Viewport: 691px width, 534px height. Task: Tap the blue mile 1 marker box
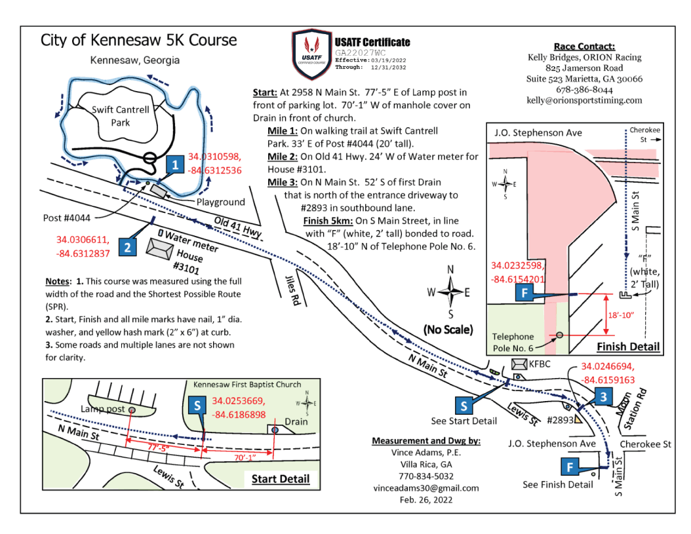click(174, 165)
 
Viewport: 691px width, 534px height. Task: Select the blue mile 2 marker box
click(128, 247)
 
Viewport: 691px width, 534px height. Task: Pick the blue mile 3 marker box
click(604, 396)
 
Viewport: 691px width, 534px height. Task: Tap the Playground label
click(220, 202)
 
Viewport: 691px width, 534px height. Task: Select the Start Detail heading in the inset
click(280, 479)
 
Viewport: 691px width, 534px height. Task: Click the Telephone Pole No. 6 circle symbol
click(559, 335)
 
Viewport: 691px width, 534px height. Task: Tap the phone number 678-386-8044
click(584, 90)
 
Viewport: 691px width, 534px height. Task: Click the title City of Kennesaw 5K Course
click(138, 40)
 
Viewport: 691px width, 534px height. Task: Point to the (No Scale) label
click(449, 329)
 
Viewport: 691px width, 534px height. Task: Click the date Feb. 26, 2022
click(425, 500)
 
